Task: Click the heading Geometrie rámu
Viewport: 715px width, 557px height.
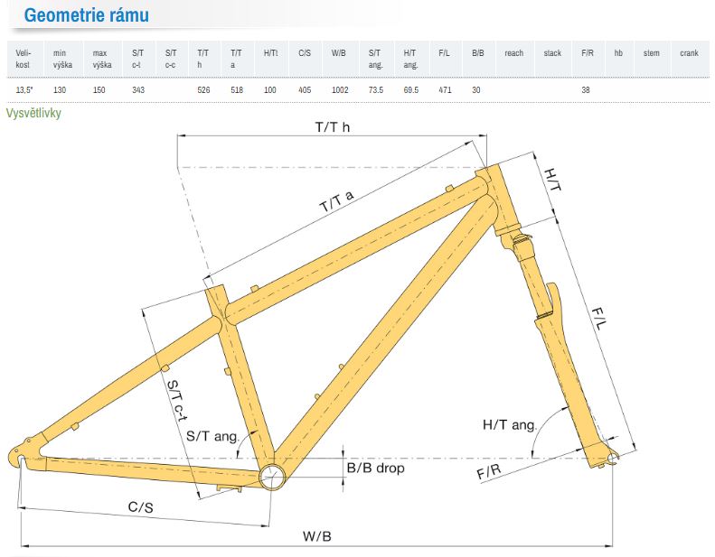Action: click(x=86, y=15)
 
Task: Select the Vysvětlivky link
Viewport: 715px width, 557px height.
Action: click(x=33, y=113)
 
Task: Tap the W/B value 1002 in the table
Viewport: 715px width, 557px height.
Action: click(x=340, y=89)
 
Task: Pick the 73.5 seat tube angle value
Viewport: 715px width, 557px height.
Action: click(x=376, y=89)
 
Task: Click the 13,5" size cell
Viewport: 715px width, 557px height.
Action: click(x=24, y=89)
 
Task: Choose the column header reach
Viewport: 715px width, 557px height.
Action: click(x=514, y=53)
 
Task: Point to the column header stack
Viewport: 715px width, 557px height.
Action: click(x=552, y=53)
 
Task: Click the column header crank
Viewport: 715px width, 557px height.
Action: click(x=689, y=53)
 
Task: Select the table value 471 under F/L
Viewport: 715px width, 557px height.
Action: click(x=445, y=89)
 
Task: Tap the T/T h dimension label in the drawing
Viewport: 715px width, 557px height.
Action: click(x=333, y=127)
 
